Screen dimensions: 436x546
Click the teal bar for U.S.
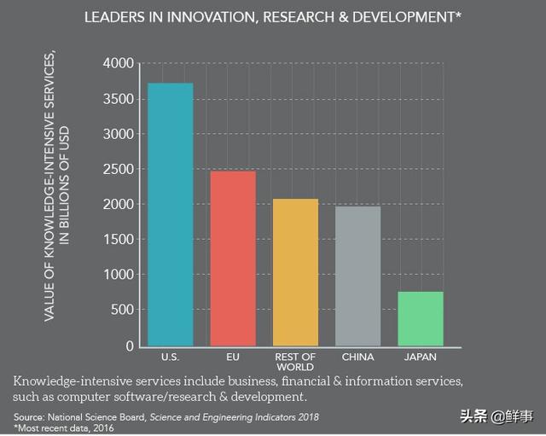click(170, 214)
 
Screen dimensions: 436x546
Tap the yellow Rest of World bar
click(295, 272)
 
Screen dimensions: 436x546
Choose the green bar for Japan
click(421, 318)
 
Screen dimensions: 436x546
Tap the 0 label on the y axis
click(130, 346)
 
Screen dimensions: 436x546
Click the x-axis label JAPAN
click(421, 357)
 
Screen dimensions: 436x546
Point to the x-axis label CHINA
click(357, 357)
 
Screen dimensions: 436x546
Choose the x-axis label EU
click(232, 357)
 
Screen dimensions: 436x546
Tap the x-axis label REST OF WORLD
click(295, 361)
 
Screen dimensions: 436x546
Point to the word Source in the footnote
click(29, 416)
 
